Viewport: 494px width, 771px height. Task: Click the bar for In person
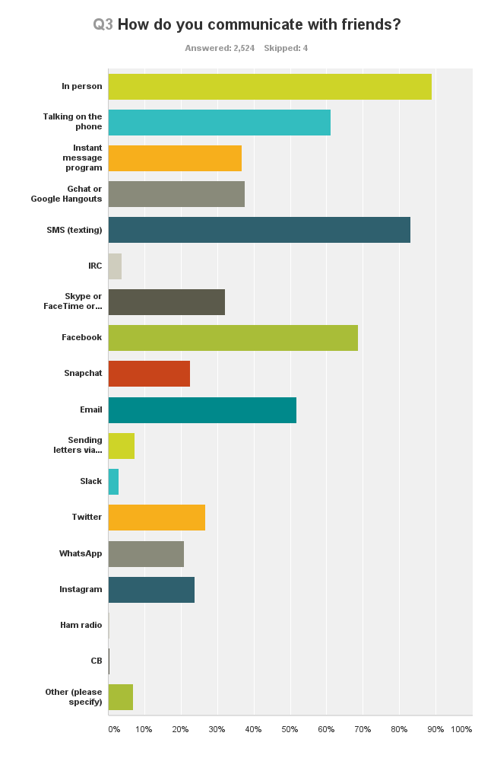pyautogui.click(x=270, y=87)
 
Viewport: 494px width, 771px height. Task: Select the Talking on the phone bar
pyautogui.click(x=220, y=123)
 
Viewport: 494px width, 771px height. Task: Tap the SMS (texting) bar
pyautogui.click(x=259, y=230)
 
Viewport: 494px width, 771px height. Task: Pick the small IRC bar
pyautogui.click(x=115, y=266)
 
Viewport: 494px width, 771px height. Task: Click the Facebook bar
pyautogui.click(x=233, y=338)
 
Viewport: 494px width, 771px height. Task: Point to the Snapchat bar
pyautogui.click(x=149, y=374)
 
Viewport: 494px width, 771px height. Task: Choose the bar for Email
pyautogui.click(x=202, y=409)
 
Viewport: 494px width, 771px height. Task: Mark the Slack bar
pyautogui.click(x=113, y=482)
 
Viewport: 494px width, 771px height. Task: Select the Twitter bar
pyautogui.click(x=157, y=518)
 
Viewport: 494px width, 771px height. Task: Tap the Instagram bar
pyautogui.click(x=151, y=590)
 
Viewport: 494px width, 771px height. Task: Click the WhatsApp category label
pyautogui.click(x=81, y=553)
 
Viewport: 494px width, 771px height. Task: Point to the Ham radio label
pyautogui.click(x=81, y=625)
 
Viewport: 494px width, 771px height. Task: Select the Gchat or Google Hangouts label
pyautogui.click(x=67, y=194)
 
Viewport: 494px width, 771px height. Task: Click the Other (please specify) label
pyautogui.click(x=74, y=696)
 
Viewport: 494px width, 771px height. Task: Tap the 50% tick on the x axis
pyautogui.click(x=290, y=729)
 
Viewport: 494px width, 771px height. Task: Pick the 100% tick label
pyautogui.click(x=461, y=729)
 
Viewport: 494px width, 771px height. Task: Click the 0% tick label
pyautogui.click(x=113, y=729)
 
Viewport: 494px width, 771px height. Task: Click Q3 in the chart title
pyautogui.click(x=103, y=24)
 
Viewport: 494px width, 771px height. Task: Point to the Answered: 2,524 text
pyautogui.click(x=220, y=48)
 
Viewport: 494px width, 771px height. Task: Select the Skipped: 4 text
pyautogui.click(x=286, y=48)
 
